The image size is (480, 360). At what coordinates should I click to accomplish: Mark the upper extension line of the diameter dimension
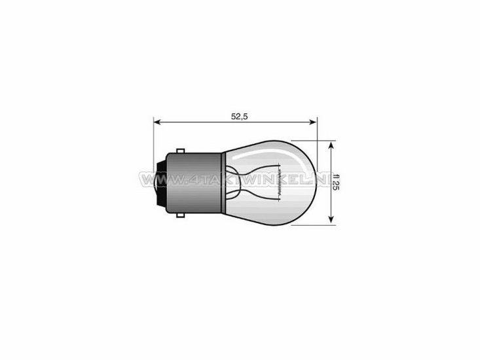pos(312,139)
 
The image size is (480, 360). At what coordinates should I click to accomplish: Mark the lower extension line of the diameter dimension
pos(312,225)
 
